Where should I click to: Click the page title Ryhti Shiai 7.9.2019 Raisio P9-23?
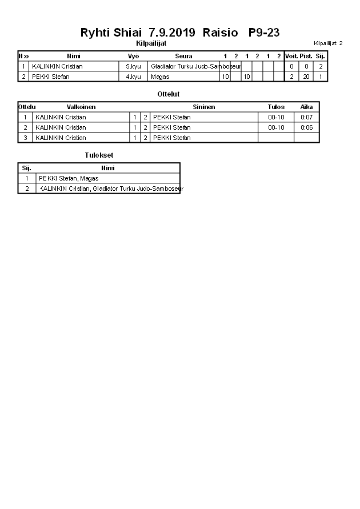click(x=180, y=33)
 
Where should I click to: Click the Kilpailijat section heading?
click(x=151, y=43)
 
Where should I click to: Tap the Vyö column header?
click(x=134, y=56)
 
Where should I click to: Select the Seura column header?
click(x=183, y=56)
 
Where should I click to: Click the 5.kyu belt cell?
click(x=134, y=66)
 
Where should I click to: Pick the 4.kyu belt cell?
click(x=134, y=77)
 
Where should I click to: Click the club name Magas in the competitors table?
click(x=160, y=77)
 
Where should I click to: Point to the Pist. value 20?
click(x=306, y=77)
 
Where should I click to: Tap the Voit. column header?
click(x=291, y=56)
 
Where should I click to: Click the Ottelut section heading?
click(x=168, y=94)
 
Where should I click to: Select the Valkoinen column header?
click(x=81, y=107)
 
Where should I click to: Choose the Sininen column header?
click(x=203, y=107)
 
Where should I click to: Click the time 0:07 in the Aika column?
click(x=306, y=117)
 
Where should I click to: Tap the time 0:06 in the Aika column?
click(x=306, y=127)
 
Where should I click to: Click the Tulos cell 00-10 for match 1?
click(x=276, y=117)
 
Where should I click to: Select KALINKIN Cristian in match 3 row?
click(x=61, y=138)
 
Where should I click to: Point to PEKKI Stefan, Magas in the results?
click(x=69, y=178)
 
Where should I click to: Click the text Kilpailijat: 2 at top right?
click(x=328, y=43)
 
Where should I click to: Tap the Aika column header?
click(x=306, y=107)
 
